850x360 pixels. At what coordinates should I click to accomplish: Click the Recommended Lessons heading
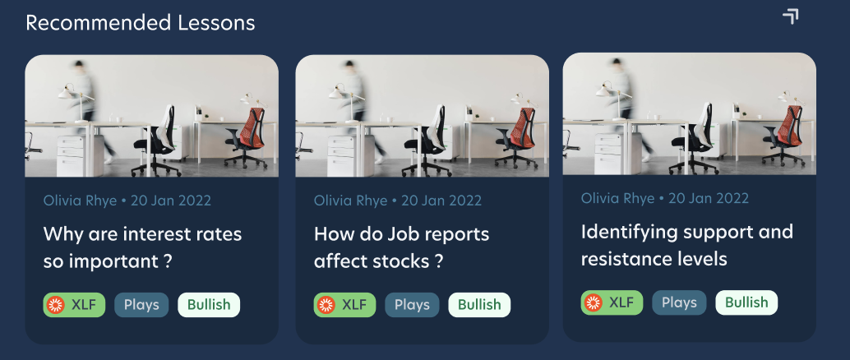(141, 23)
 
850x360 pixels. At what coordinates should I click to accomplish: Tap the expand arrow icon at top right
(791, 16)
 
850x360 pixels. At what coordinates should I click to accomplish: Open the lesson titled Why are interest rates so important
(142, 247)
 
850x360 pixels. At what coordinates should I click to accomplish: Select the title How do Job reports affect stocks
(402, 247)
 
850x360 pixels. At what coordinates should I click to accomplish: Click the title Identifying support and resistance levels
(687, 245)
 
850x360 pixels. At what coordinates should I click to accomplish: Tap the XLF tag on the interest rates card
(74, 305)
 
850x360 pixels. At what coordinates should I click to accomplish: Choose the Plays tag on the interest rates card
(141, 305)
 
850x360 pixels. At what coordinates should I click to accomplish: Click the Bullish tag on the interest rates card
(209, 305)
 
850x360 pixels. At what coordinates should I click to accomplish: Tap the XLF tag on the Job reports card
(344, 305)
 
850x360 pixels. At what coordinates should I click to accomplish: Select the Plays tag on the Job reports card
(412, 305)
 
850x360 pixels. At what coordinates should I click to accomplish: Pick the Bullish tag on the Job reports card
(479, 305)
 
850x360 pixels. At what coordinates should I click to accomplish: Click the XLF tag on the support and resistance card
(612, 302)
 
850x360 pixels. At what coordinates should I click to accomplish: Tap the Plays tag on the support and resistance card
(679, 302)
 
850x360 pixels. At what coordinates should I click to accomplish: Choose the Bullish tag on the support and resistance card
(746, 302)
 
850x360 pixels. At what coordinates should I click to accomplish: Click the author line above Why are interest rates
(127, 201)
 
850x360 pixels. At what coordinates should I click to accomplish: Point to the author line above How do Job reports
(398, 201)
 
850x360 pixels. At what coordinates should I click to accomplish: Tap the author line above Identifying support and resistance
(665, 198)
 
